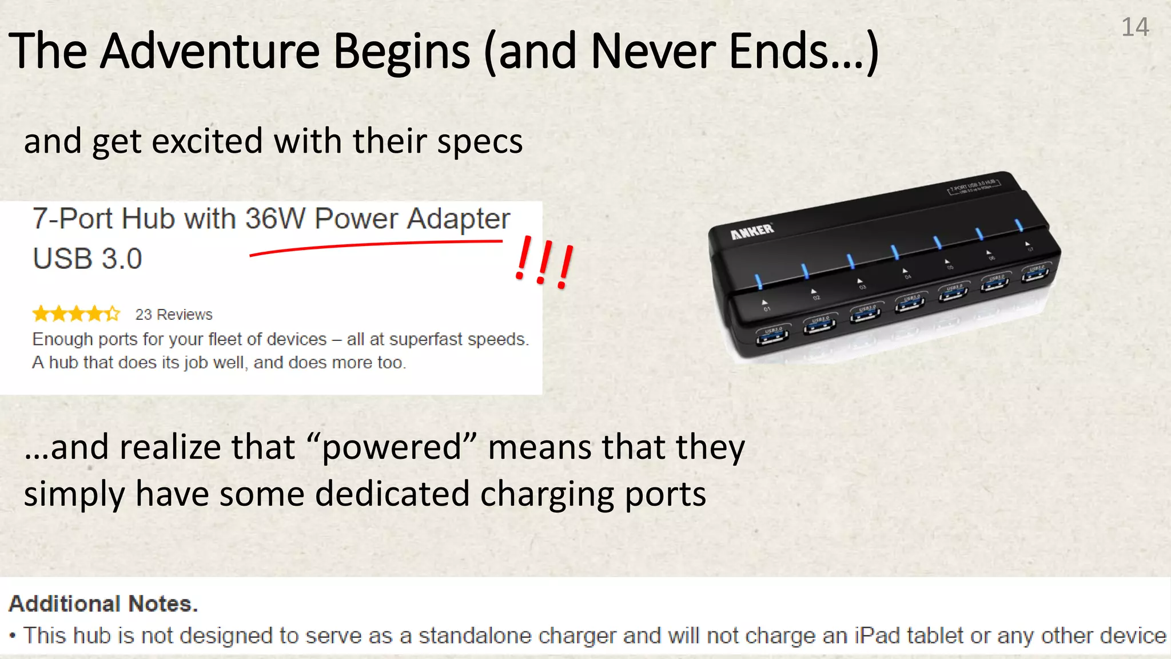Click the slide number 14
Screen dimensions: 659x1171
point(1135,27)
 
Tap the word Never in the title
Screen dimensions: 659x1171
point(651,51)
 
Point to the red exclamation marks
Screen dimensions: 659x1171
point(544,263)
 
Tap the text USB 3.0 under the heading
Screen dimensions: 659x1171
point(87,259)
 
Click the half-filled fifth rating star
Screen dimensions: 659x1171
point(113,313)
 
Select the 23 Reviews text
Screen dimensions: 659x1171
point(173,315)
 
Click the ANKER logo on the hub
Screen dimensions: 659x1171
point(752,231)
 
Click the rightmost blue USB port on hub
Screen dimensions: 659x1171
point(1035,275)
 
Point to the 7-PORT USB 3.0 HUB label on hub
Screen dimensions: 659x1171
point(974,186)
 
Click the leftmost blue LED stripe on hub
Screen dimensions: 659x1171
point(759,281)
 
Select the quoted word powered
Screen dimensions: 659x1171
point(392,447)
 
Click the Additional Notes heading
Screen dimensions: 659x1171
point(103,604)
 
